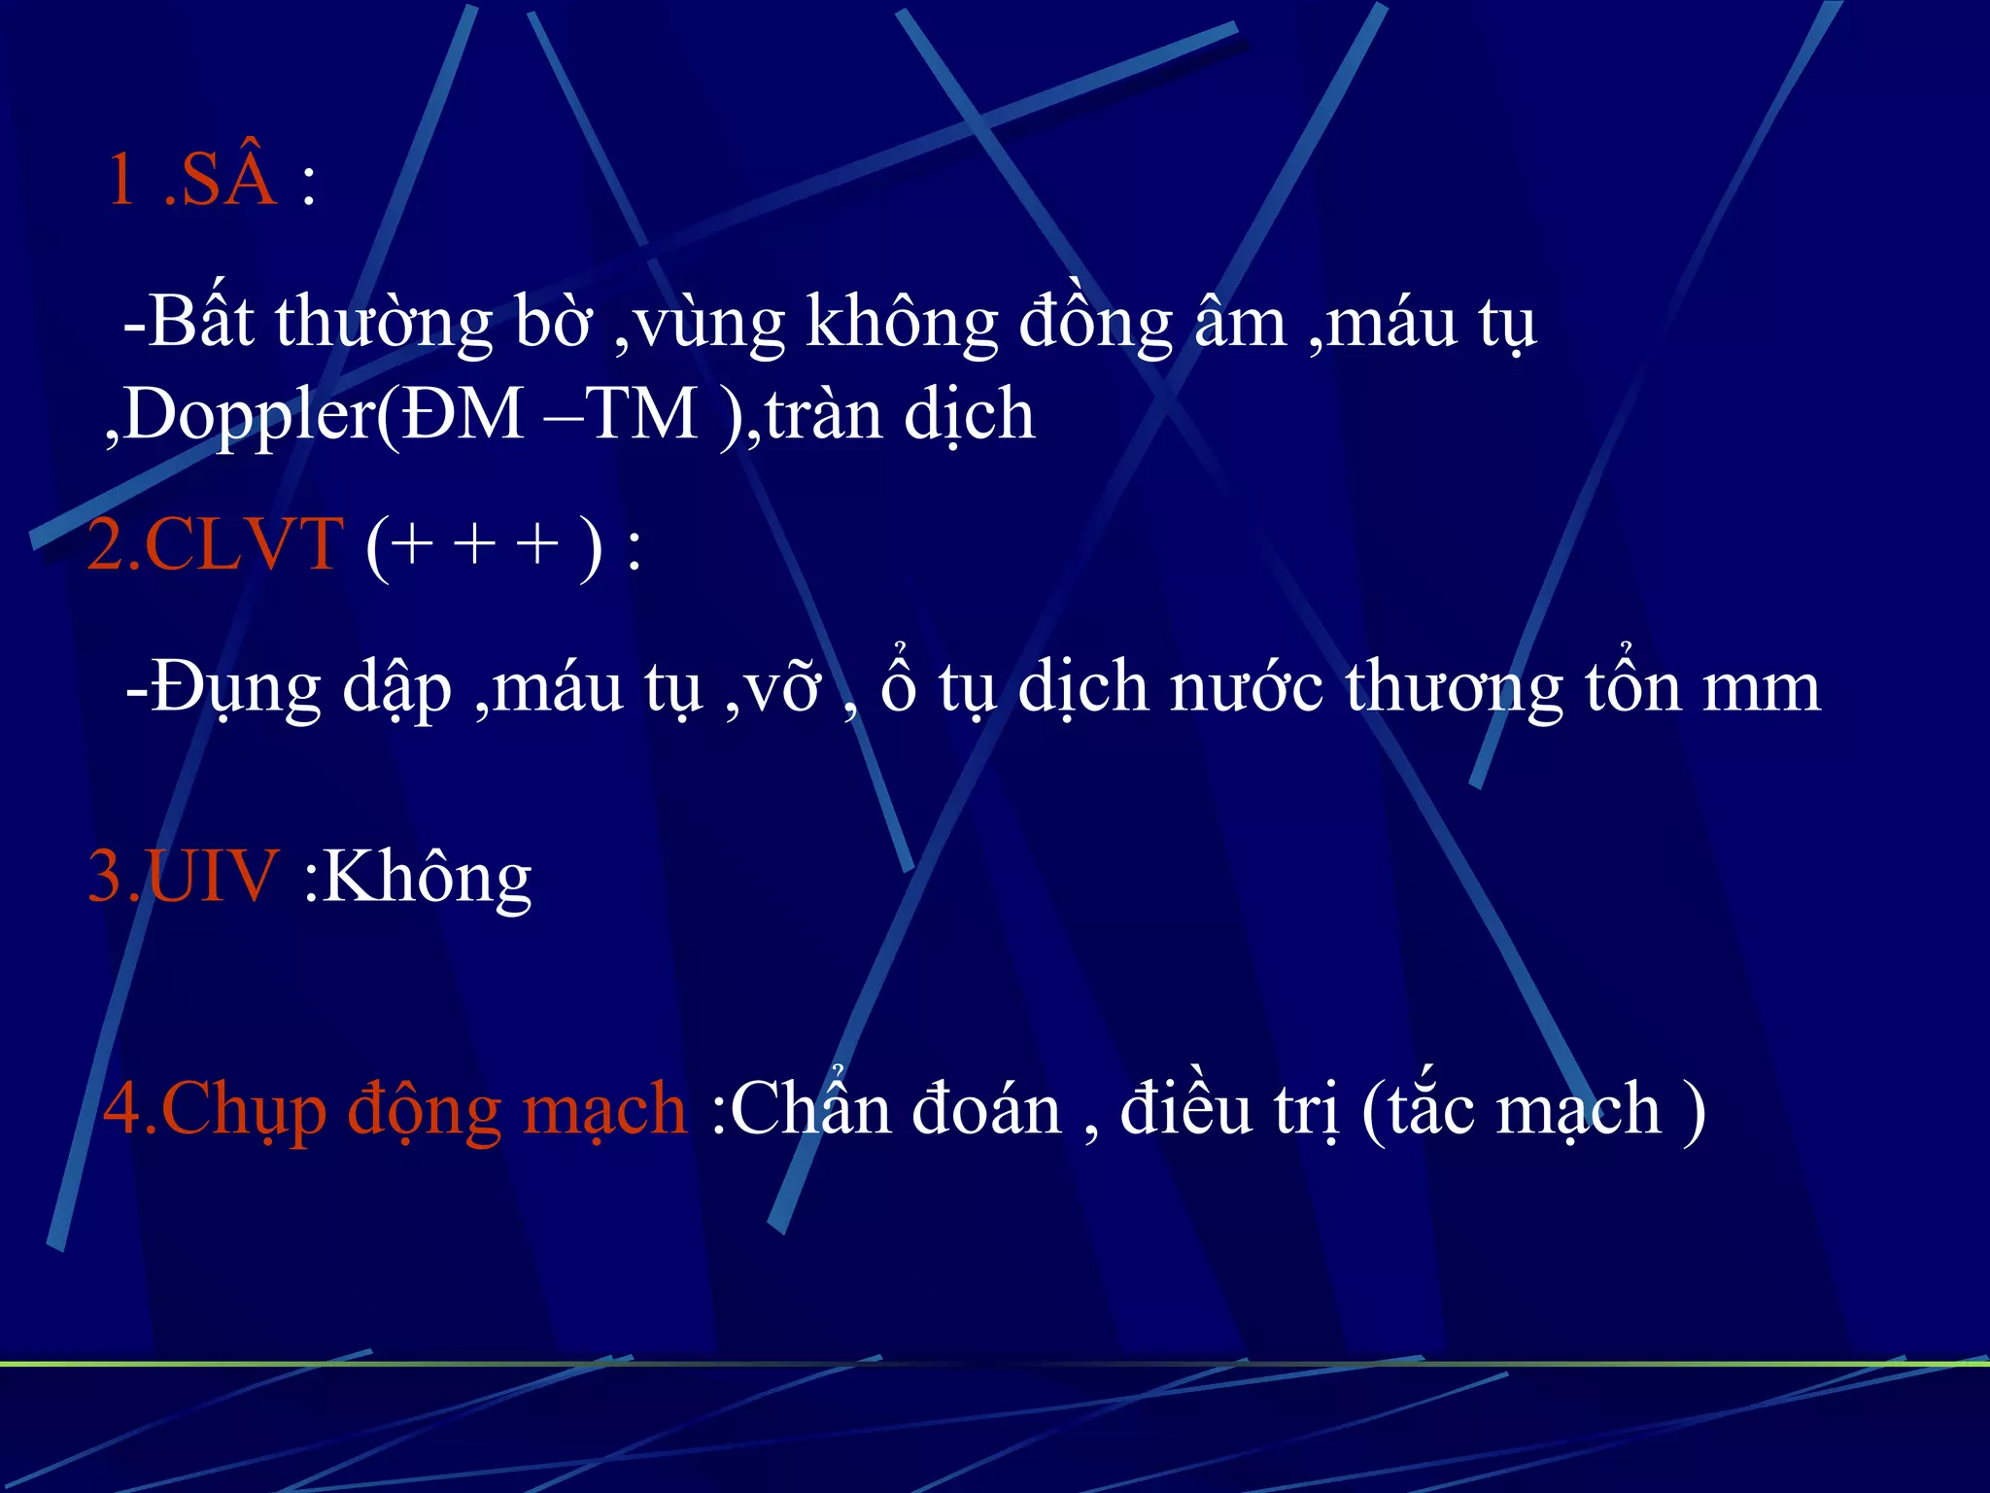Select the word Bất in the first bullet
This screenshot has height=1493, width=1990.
201,322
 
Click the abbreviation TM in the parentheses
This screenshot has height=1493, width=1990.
643,414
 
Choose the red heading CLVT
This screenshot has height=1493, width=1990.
243,543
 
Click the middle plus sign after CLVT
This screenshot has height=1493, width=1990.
476,543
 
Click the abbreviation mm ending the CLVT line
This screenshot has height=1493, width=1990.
1761,688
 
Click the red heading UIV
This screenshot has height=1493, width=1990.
212,876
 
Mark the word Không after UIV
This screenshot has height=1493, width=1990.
427,878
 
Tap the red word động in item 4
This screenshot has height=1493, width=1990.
424,1110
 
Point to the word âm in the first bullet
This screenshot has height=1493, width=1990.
1240,324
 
